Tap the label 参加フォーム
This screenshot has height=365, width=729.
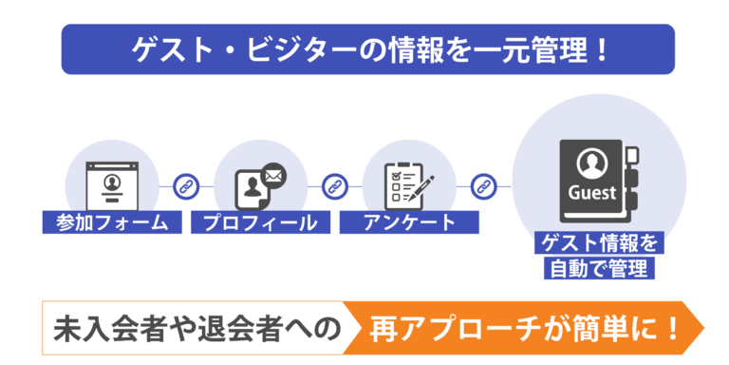tap(105, 223)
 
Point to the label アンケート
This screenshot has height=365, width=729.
tap(410, 223)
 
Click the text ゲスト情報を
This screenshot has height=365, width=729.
tap(599, 244)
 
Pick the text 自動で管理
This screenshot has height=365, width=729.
tap(599, 268)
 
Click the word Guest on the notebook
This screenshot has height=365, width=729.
tap(592, 193)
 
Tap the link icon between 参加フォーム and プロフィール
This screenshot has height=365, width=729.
tap(187, 186)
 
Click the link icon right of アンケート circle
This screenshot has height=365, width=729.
tap(483, 186)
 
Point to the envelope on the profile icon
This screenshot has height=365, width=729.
tap(273, 174)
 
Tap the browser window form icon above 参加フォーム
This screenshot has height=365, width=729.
tap(112, 183)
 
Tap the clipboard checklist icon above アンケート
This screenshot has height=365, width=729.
tap(402, 186)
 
